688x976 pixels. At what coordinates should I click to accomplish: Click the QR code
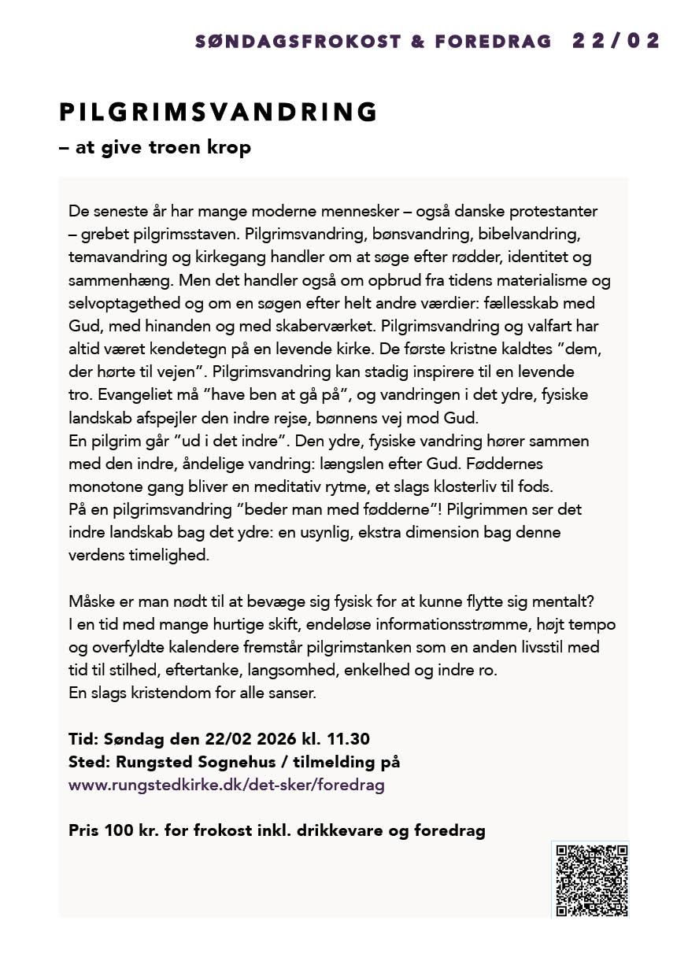[x=592, y=880]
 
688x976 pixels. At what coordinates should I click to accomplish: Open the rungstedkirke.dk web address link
[x=227, y=785]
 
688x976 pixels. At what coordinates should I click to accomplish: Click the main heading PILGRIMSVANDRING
[x=219, y=113]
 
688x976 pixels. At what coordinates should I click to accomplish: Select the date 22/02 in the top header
[x=616, y=42]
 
